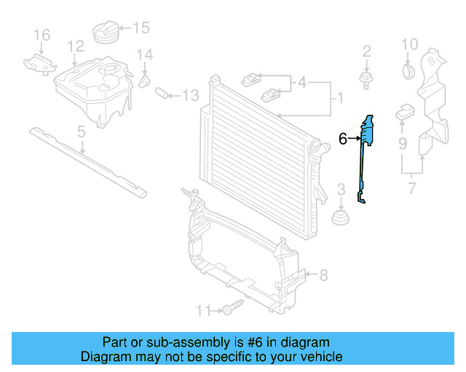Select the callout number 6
click(x=343, y=138)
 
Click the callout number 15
click(x=141, y=28)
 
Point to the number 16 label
click(x=42, y=35)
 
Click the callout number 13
click(x=190, y=95)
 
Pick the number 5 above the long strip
click(x=82, y=132)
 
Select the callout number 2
click(x=366, y=51)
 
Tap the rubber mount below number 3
click(x=339, y=218)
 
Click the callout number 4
click(x=302, y=83)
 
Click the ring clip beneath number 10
click(x=409, y=70)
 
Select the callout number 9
click(x=402, y=143)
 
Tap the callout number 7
click(x=411, y=191)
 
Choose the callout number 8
click(x=323, y=275)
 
